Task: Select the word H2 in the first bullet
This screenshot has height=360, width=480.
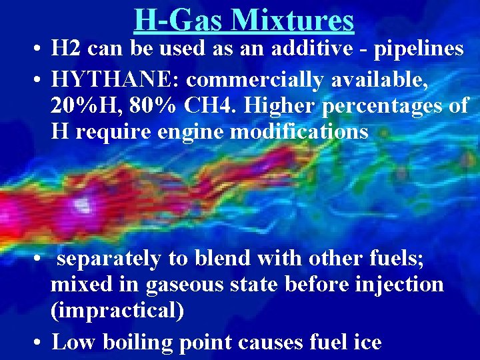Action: (66, 49)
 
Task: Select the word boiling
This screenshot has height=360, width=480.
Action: (138, 342)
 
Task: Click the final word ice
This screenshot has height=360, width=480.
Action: (366, 342)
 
